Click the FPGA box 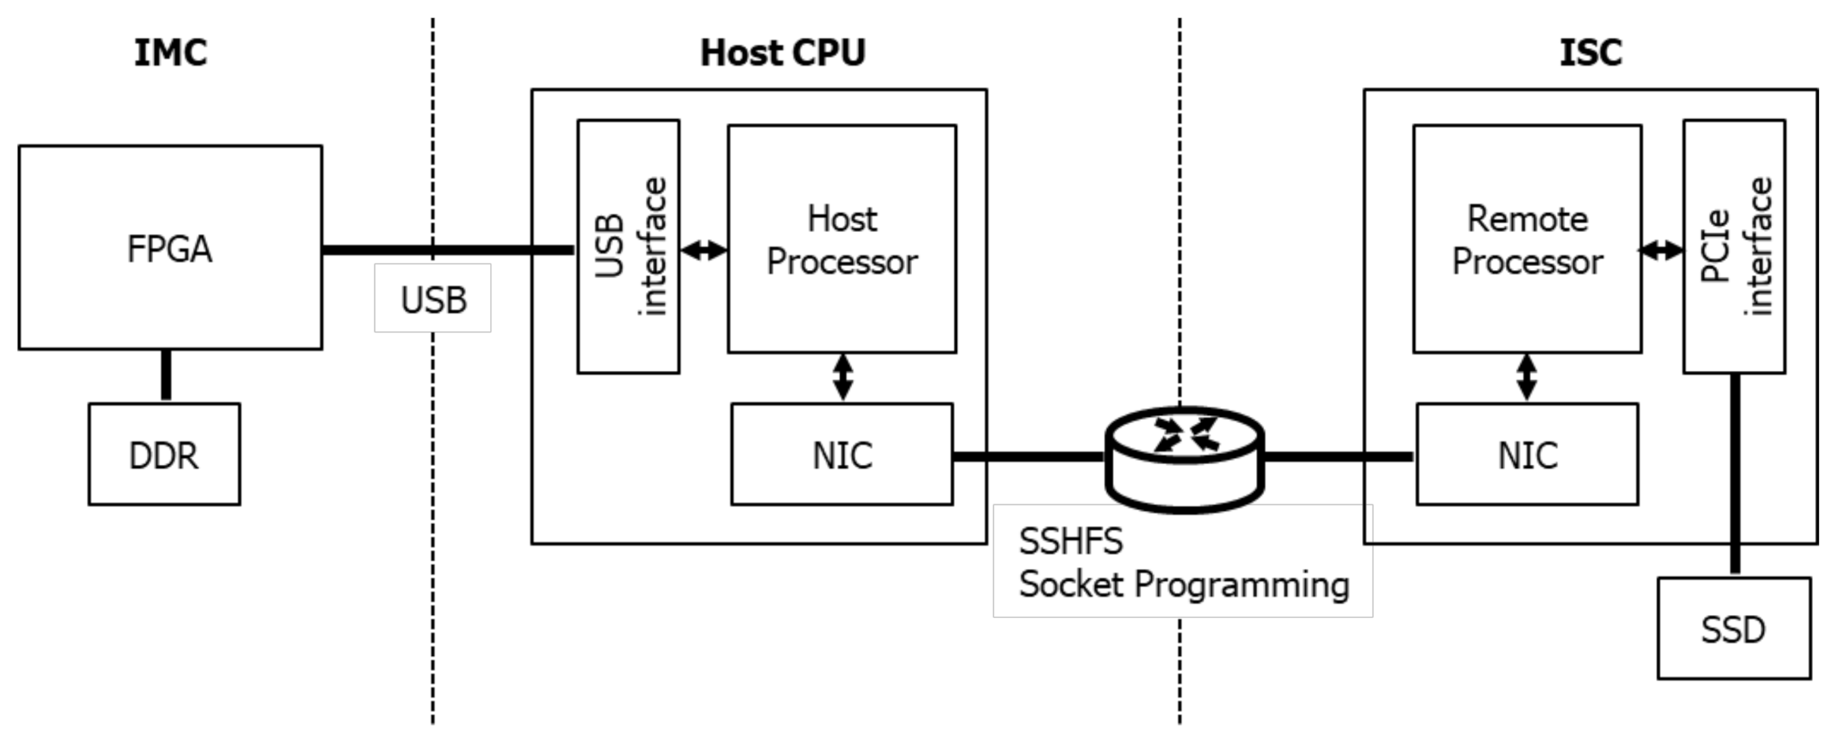click(x=170, y=247)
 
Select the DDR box click(x=164, y=455)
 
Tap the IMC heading click(x=170, y=53)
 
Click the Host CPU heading click(x=782, y=53)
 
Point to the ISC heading click(x=1590, y=53)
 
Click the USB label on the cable click(x=433, y=299)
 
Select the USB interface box click(x=629, y=246)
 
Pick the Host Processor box click(x=842, y=239)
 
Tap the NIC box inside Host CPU click(x=842, y=455)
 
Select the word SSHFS click(x=1071, y=542)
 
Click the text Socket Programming click(x=1184, y=585)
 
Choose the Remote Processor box click(x=1527, y=239)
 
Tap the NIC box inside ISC click(x=1527, y=455)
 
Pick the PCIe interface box click(x=1734, y=246)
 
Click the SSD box click(x=1734, y=629)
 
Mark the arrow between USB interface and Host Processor click(x=704, y=250)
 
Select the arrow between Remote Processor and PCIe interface click(x=1662, y=250)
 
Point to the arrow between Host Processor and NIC click(x=842, y=377)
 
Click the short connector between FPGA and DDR click(x=166, y=376)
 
